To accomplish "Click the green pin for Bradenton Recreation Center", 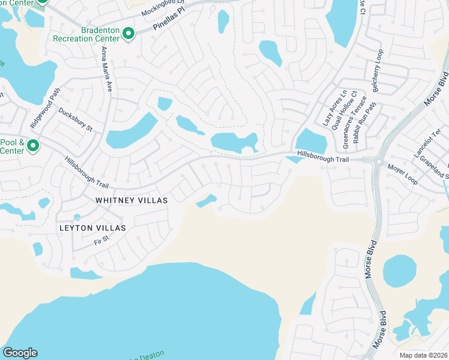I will [128, 34].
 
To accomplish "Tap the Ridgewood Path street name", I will [46, 108].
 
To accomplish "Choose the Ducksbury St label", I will [76, 119].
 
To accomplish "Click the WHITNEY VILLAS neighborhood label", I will [131, 199].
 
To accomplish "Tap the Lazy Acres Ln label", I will [327, 108].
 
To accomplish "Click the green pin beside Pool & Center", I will [34, 145].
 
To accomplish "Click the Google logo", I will [20, 353].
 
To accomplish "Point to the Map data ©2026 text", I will [423, 355].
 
